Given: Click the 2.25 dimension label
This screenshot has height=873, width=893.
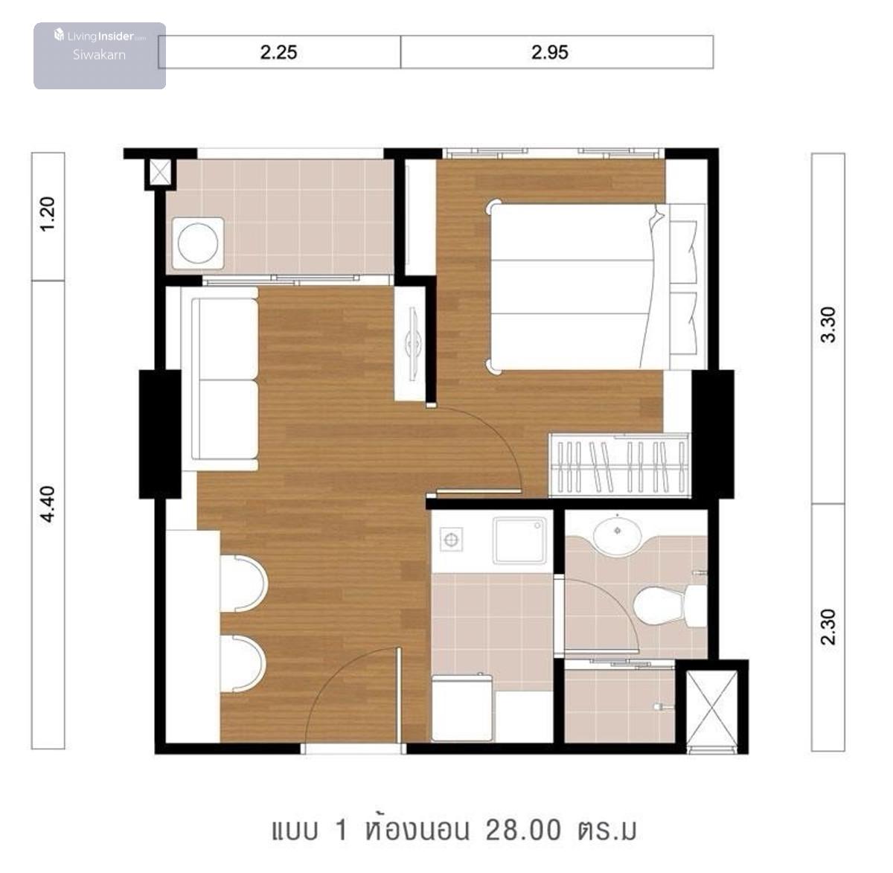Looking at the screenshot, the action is [278, 52].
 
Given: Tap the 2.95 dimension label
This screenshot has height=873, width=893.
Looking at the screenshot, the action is [549, 52].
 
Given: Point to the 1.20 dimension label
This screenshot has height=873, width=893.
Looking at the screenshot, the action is [48, 214].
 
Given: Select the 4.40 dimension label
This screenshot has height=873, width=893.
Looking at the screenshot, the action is [48, 505].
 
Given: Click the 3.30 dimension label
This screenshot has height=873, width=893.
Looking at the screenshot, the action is [828, 325].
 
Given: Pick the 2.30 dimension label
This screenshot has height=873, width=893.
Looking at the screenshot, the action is [828, 627].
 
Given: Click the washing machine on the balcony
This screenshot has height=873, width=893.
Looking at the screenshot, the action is [198, 243].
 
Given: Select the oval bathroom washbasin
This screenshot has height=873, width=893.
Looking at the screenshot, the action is [617, 535].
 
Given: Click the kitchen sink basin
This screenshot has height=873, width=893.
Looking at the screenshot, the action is [519, 540].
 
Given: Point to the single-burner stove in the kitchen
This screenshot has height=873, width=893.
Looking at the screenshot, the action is [451, 540].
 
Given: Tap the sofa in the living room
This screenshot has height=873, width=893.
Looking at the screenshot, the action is [220, 379].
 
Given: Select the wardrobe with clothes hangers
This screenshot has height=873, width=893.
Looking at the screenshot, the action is [619, 465].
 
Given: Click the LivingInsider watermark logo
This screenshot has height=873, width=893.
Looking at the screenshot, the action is [100, 36].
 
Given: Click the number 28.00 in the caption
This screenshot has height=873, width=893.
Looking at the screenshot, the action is [523, 829].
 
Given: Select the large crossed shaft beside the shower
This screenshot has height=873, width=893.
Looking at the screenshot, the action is [712, 709].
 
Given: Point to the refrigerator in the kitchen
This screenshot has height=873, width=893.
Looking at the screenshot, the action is [461, 707].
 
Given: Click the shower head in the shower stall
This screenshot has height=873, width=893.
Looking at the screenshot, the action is [662, 707].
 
